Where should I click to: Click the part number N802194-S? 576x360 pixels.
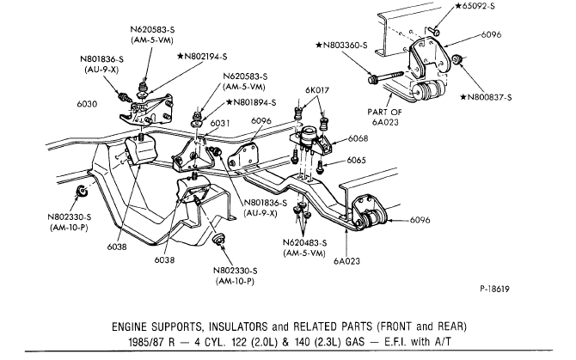(x=206, y=56)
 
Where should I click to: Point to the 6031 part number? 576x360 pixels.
(x=221, y=124)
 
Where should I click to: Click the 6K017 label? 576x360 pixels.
(x=316, y=89)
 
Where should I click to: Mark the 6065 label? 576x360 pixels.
(x=357, y=161)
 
